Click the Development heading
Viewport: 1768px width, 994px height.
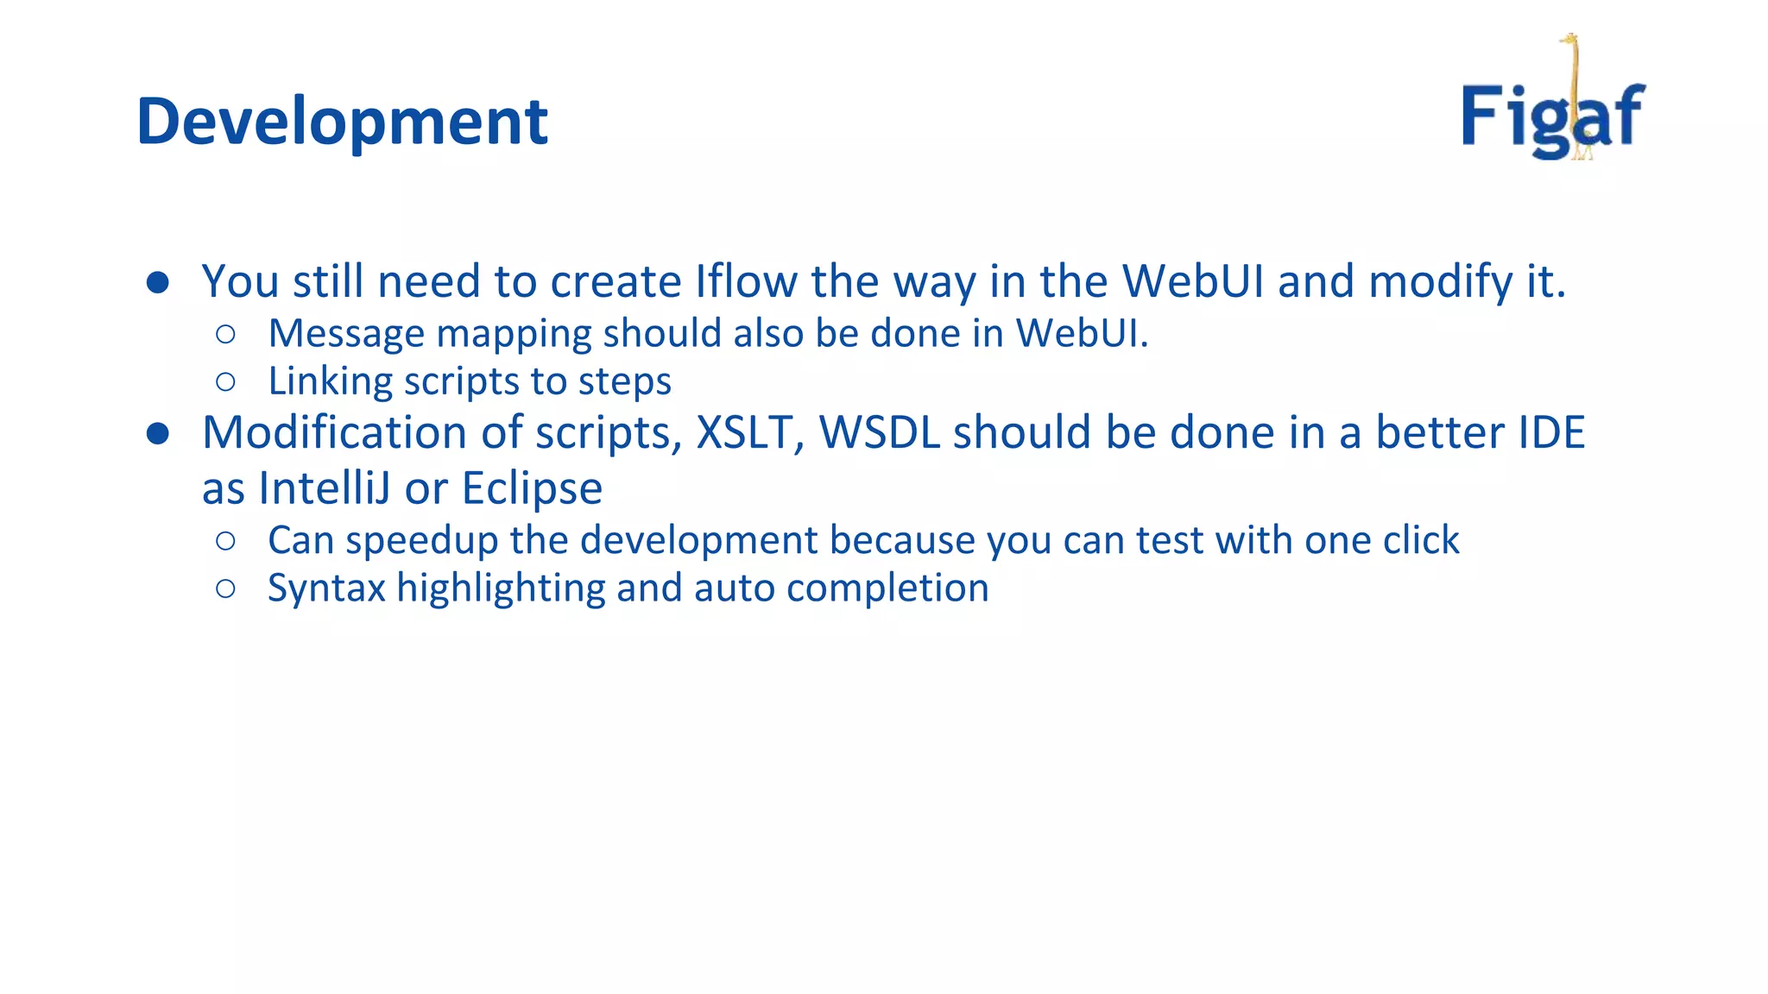point(342,122)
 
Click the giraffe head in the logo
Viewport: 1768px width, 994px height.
point(1569,41)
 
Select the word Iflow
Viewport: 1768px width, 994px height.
point(746,281)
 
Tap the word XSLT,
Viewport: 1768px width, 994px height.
point(749,432)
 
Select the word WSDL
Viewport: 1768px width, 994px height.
point(879,432)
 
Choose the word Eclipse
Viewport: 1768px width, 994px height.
point(532,489)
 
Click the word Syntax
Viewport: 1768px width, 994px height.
point(326,589)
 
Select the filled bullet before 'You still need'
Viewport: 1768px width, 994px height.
point(158,283)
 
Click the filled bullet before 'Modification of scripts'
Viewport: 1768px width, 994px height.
point(158,433)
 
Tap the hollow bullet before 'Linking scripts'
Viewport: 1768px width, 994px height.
point(226,381)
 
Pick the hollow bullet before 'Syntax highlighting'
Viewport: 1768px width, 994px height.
point(226,588)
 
